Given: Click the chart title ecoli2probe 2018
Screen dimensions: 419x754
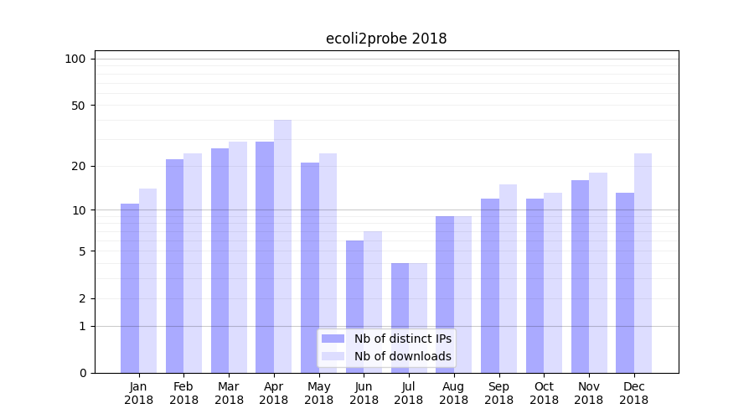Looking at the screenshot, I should tap(386, 39).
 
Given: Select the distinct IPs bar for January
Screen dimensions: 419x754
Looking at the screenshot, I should tap(130, 288).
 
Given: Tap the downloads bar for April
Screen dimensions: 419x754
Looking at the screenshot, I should tap(282, 246).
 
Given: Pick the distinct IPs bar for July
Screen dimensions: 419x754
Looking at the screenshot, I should tap(400, 318).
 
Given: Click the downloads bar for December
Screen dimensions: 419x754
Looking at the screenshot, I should tap(643, 263).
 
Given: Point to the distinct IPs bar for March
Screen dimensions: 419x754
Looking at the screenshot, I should tap(219, 261).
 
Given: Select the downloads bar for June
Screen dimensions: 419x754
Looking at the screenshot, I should tap(373, 302).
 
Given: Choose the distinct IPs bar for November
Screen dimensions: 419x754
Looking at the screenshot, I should tap(580, 277).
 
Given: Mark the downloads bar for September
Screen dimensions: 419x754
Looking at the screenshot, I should tap(508, 278).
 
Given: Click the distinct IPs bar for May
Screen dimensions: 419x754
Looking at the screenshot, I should tap(310, 267).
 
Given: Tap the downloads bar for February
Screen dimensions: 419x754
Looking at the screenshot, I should tap(193, 263).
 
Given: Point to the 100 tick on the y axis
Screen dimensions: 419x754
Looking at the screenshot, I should tap(75, 59).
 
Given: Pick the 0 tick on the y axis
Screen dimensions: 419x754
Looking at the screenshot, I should tap(82, 373).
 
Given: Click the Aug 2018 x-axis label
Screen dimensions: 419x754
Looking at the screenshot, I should tap(453, 393).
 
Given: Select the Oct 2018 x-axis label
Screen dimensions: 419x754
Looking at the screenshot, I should tap(544, 393).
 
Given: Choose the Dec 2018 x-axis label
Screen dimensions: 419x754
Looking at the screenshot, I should tap(633, 393).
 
